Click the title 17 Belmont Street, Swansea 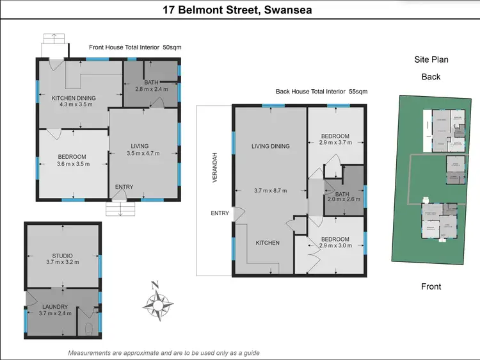point(240,10)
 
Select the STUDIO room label point(62,256)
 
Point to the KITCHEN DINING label point(73,98)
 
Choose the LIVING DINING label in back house point(270,146)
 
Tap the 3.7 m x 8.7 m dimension point(270,190)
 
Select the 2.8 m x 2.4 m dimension point(151,90)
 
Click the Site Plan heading point(431,60)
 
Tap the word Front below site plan point(430,286)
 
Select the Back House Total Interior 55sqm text point(321,92)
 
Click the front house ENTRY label point(124,187)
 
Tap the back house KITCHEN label point(267,243)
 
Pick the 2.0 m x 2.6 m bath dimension point(344,199)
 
